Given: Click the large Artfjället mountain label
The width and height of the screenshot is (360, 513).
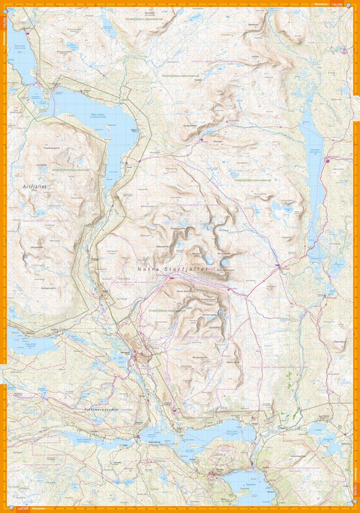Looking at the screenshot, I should click(35, 187).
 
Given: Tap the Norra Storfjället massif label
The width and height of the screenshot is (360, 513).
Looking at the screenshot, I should click(172, 269).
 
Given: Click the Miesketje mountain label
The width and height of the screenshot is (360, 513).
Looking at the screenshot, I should click(253, 24).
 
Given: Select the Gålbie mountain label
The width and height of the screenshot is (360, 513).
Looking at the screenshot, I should click(256, 56).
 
